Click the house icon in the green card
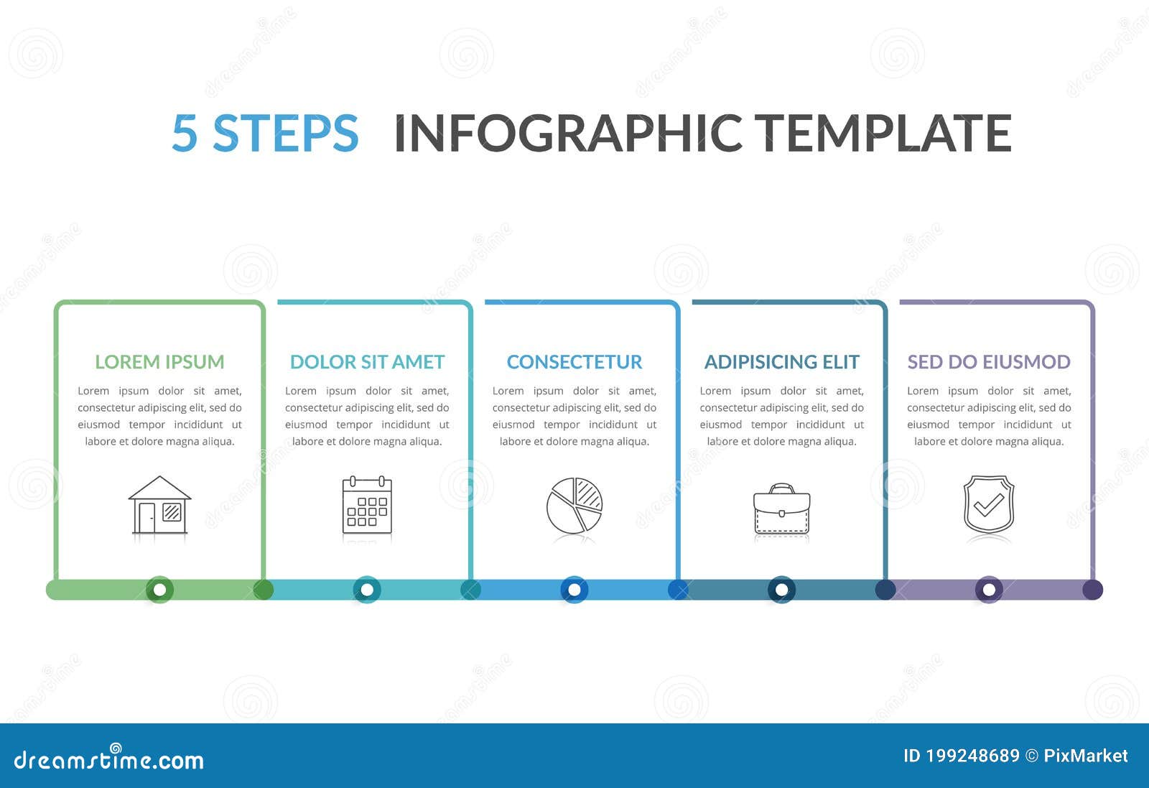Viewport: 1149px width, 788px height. click(x=159, y=505)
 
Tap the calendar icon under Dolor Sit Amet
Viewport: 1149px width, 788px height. click(x=367, y=505)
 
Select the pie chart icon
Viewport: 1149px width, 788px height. click(x=574, y=505)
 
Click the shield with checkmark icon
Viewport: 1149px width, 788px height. click(x=989, y=504)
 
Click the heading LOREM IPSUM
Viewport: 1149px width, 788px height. click(x=159, y=362)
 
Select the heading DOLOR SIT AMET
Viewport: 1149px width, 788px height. click(x=367, y=362)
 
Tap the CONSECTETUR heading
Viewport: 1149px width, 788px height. click(x=574, y=362)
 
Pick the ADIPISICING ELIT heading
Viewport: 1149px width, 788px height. click(x=781, y=362)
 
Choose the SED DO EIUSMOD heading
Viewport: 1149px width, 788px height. click(x=989, y=362)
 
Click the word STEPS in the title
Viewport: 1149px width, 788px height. click(x=285, y=134)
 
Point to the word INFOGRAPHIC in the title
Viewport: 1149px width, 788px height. click(x=568, y=134)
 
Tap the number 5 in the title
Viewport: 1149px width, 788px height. click(x=185, y=134)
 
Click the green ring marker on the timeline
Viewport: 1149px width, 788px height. click(x=159, y=590)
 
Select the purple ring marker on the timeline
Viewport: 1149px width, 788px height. click(x=989, y=590)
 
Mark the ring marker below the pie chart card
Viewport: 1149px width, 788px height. click(x=574, y=590)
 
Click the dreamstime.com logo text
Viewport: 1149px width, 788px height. click(x=109, y=760)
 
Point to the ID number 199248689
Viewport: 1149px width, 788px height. click(x=972, y=756)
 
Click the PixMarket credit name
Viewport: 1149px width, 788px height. click(x=1085, y=756)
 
